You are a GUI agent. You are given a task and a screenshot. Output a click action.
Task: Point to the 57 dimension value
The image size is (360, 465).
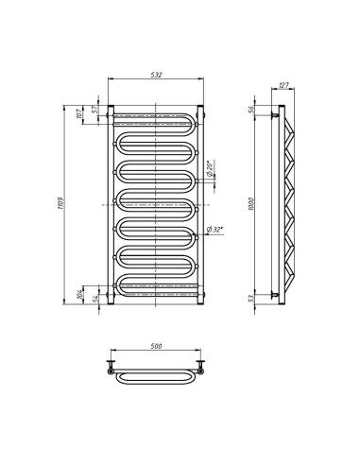pyautogui.click(x=95, y=109)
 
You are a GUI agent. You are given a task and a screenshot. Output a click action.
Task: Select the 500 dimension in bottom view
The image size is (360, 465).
pyautogui.click(x=156, y=346)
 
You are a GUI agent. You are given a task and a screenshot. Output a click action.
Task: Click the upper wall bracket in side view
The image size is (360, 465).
pyautogui.click(x=277, y=115)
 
